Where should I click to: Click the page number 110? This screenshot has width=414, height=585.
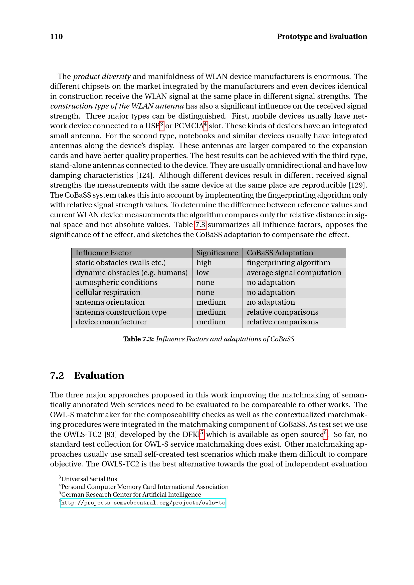click(x=56, y=37)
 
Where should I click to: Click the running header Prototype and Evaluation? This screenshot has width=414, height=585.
click(x=322, y=37)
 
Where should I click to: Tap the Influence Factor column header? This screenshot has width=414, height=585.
click(x=104, y=253)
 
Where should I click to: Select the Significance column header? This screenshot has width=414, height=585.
click(x=217, y=253)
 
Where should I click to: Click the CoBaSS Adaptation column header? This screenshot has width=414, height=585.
click(x=280, y=253)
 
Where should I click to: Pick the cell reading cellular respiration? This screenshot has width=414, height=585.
click(x=108, y=292)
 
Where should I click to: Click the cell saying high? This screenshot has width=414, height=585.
click(x=204, y=263)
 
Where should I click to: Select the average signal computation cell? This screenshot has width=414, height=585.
click(x=294, y=273)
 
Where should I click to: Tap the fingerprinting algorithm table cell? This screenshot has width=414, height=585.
click(x=288, y=263)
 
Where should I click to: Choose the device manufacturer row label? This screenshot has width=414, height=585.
click(x=111, y=322)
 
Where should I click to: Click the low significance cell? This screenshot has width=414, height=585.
click(x=202, y=273)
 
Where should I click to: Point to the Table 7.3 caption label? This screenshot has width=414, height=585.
click(x=138, y=339)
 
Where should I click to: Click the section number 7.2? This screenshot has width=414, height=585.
click(x=57, y=376)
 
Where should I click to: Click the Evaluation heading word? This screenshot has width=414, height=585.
click(x=99, y=376)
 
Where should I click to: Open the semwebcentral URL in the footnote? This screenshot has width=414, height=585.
click(x=143, y=503)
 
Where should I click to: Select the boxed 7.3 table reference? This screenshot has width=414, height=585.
click(x=200, y=225)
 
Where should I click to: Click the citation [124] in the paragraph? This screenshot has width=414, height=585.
click(x=144, y=175)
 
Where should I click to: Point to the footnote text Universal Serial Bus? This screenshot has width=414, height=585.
click(x=89, y=479)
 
